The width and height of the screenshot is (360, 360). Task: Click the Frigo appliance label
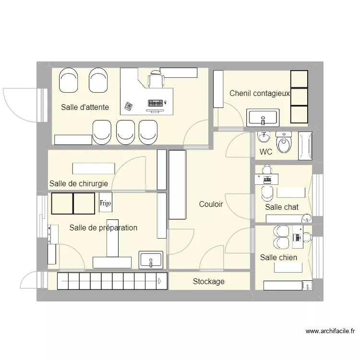(x=106, y=203)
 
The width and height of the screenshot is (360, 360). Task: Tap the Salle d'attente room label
(x=85, y=108)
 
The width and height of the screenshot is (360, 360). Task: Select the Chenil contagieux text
(x=259, y=94)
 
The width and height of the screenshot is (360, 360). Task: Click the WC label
(x=266, y=152)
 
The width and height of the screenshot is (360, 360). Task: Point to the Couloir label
(x=211, y=204)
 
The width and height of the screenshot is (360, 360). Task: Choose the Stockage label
(x=208, y=282)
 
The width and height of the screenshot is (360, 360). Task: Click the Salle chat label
(x=282, y=207)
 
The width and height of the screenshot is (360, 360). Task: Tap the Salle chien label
(x=278, y=258)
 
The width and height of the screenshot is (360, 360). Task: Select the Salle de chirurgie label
(x=79, y=184)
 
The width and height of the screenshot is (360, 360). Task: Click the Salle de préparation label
(x=103, y=228)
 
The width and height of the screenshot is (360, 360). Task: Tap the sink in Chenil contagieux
(x=262, y=118)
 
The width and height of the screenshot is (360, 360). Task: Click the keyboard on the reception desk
(x=156, y=103)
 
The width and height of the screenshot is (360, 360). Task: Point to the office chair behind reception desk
(x=156, y=79)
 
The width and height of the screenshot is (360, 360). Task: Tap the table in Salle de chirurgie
(x=94, y=168)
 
